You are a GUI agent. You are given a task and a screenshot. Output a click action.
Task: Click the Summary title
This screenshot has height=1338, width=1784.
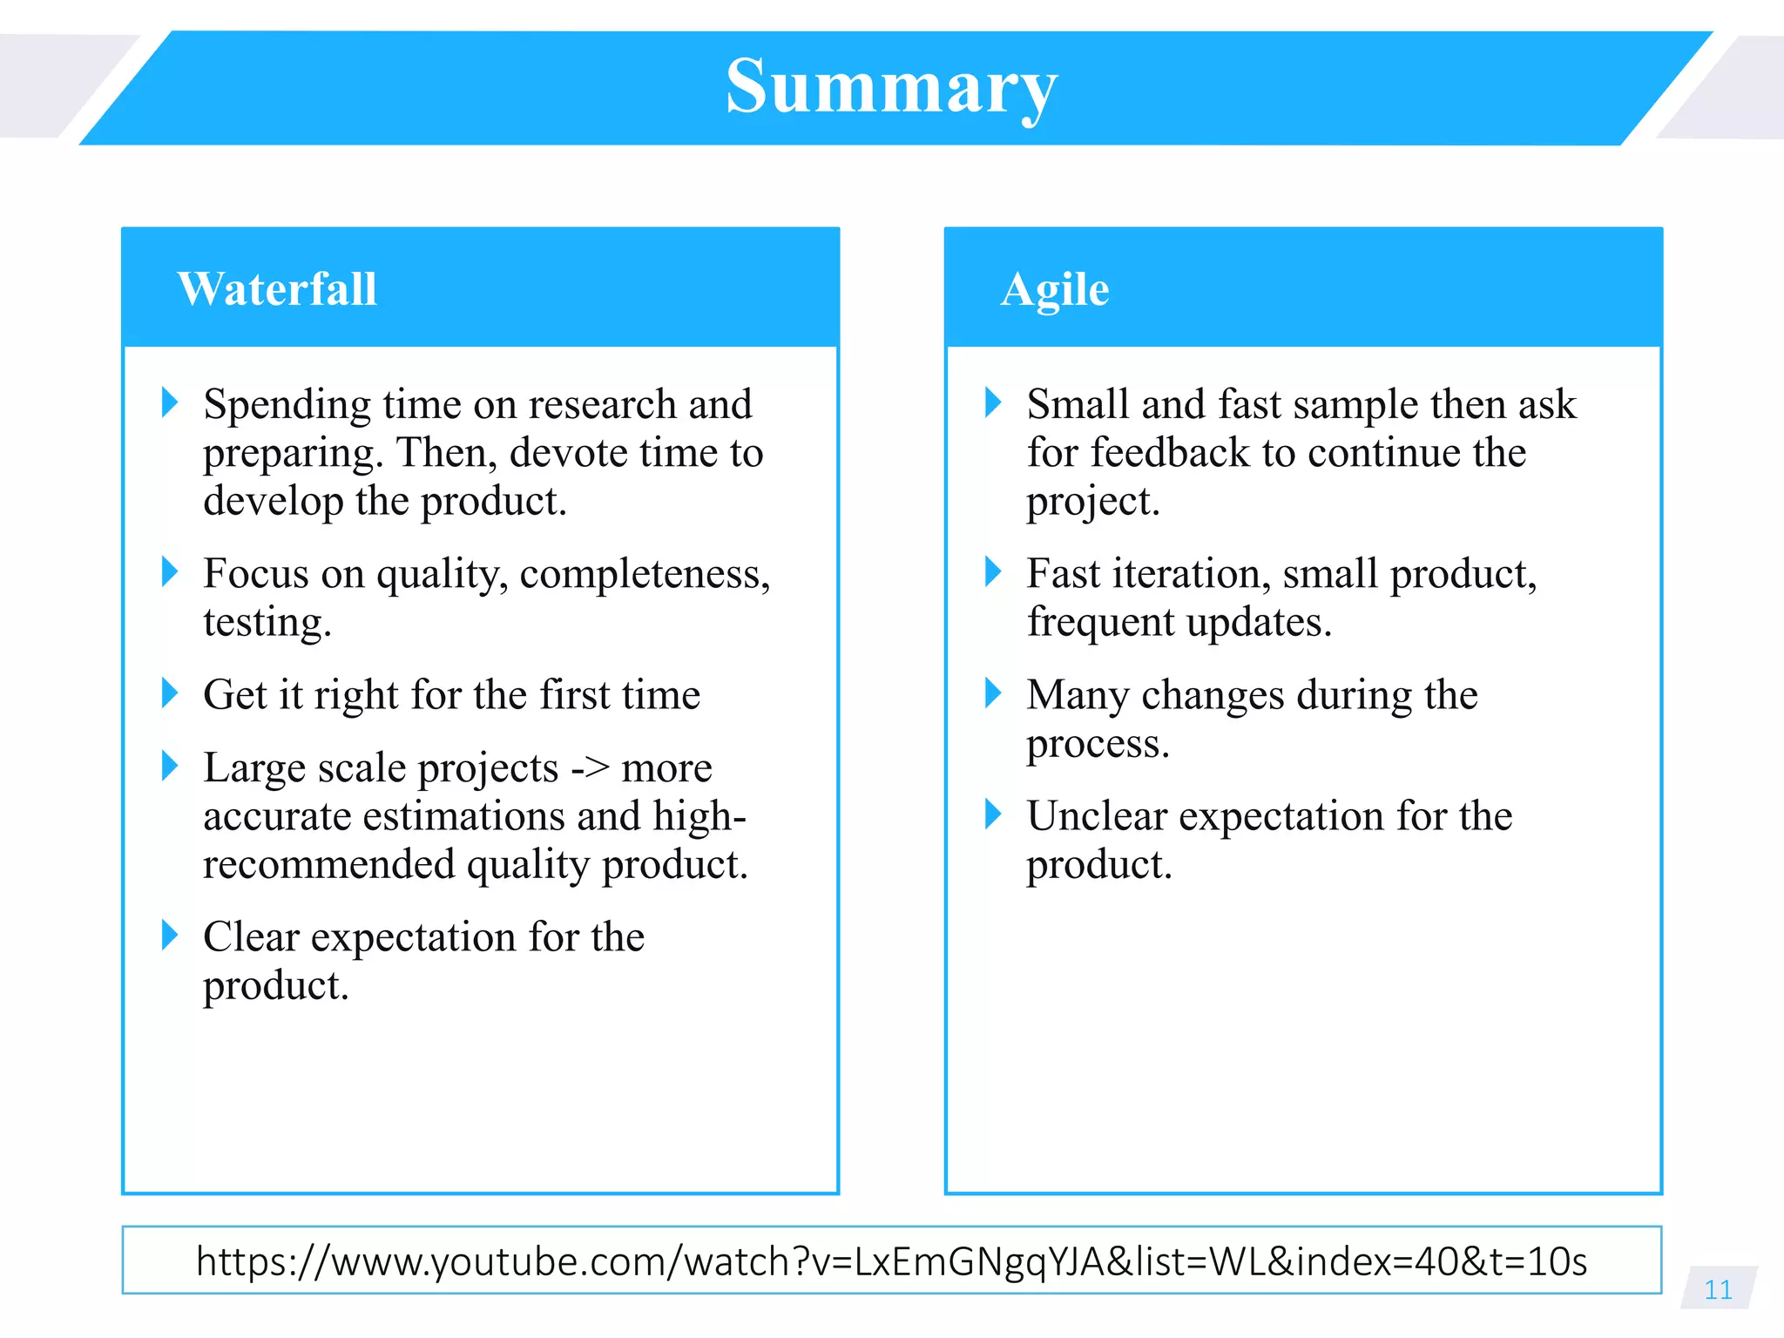click(891, 87)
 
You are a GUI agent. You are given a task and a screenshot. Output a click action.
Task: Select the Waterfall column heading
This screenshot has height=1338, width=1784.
click(277, 289)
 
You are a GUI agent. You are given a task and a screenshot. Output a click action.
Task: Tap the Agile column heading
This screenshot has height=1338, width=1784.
click(1054, 289)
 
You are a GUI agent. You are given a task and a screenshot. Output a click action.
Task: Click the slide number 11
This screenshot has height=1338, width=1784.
click(1718, 1289)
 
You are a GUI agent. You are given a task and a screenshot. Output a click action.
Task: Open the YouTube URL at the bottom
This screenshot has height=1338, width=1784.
click(891, 1261)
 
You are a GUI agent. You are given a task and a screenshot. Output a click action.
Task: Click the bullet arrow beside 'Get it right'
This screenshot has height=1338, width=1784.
click(170, 693)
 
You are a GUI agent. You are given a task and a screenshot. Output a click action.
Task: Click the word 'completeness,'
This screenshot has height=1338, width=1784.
click(645, 574)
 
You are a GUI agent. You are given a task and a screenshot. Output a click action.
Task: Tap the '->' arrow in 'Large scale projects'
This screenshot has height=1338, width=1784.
click(590, 768)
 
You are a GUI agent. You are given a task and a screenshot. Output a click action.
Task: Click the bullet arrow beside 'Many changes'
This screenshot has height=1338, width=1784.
click(992, 693)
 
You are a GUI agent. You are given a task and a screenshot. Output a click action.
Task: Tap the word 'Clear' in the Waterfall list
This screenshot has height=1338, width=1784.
click(251, 937)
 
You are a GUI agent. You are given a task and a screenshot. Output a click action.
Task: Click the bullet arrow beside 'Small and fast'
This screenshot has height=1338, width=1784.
click(992, 402)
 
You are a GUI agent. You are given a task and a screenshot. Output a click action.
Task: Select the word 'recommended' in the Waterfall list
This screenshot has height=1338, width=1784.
click(328, 865)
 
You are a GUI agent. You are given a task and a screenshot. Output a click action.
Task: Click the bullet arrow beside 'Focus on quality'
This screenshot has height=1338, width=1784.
click(170, 572)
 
